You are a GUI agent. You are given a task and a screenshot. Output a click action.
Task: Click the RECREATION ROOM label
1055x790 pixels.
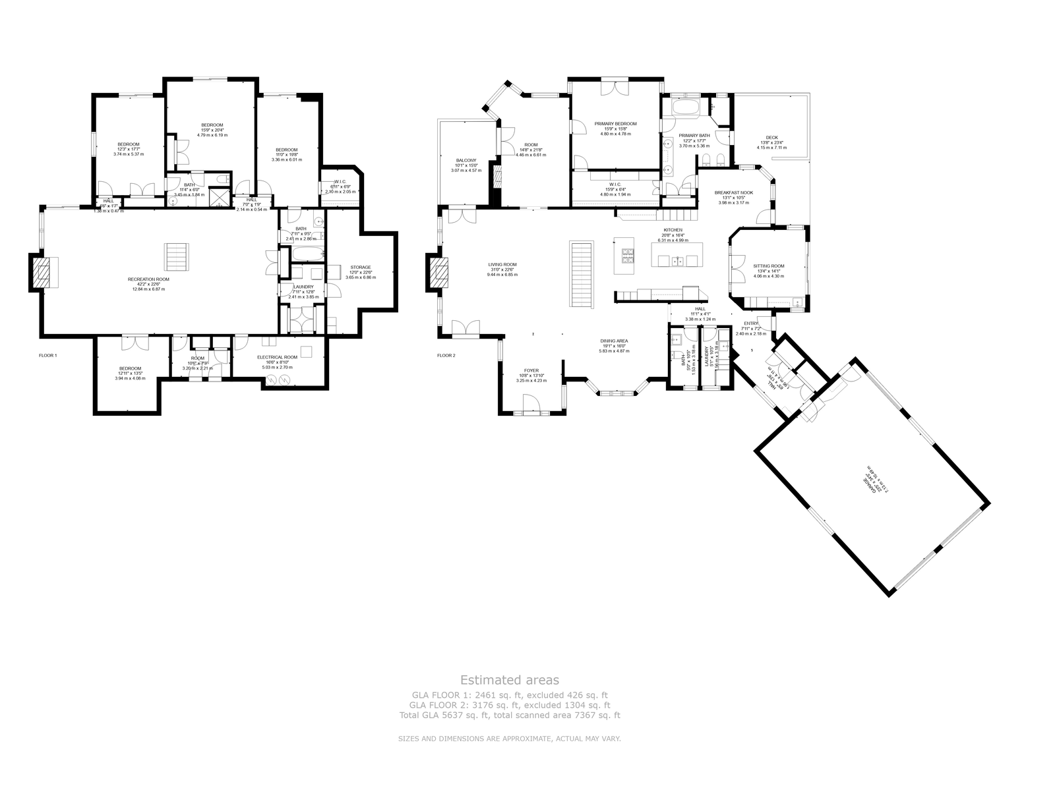coord(148,279)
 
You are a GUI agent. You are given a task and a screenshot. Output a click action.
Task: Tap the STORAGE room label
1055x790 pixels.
coord(360,268)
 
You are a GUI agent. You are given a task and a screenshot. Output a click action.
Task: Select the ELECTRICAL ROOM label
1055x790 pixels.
coord(277,357)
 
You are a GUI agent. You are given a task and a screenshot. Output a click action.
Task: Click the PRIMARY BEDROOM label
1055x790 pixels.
coord(615,124)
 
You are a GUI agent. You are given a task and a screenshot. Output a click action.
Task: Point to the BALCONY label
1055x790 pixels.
coord(466,161)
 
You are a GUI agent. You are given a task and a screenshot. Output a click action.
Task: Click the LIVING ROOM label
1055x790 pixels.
coord(502,265)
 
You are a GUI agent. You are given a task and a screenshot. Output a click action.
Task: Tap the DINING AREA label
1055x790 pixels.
coord(613,341)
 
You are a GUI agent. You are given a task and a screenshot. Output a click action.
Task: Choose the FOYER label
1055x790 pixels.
coord(531,371)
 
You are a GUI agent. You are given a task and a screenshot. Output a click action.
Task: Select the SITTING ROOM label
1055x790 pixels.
coord(769,266)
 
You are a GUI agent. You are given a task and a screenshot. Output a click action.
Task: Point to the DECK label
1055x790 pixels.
coord(771,138)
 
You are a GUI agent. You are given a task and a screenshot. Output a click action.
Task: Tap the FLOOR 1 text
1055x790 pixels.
coord(48,355)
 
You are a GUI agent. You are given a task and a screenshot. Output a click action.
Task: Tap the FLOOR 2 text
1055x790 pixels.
coord(446,355)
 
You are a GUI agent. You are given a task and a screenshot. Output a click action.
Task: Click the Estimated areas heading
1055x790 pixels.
coord(509,680)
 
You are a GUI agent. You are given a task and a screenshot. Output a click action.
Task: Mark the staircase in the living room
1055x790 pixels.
coord(581,273)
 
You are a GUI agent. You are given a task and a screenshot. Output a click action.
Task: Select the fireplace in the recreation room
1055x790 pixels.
coord(41,272)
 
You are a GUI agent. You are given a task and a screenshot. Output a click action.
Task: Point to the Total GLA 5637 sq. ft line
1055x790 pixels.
coord(509,715)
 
